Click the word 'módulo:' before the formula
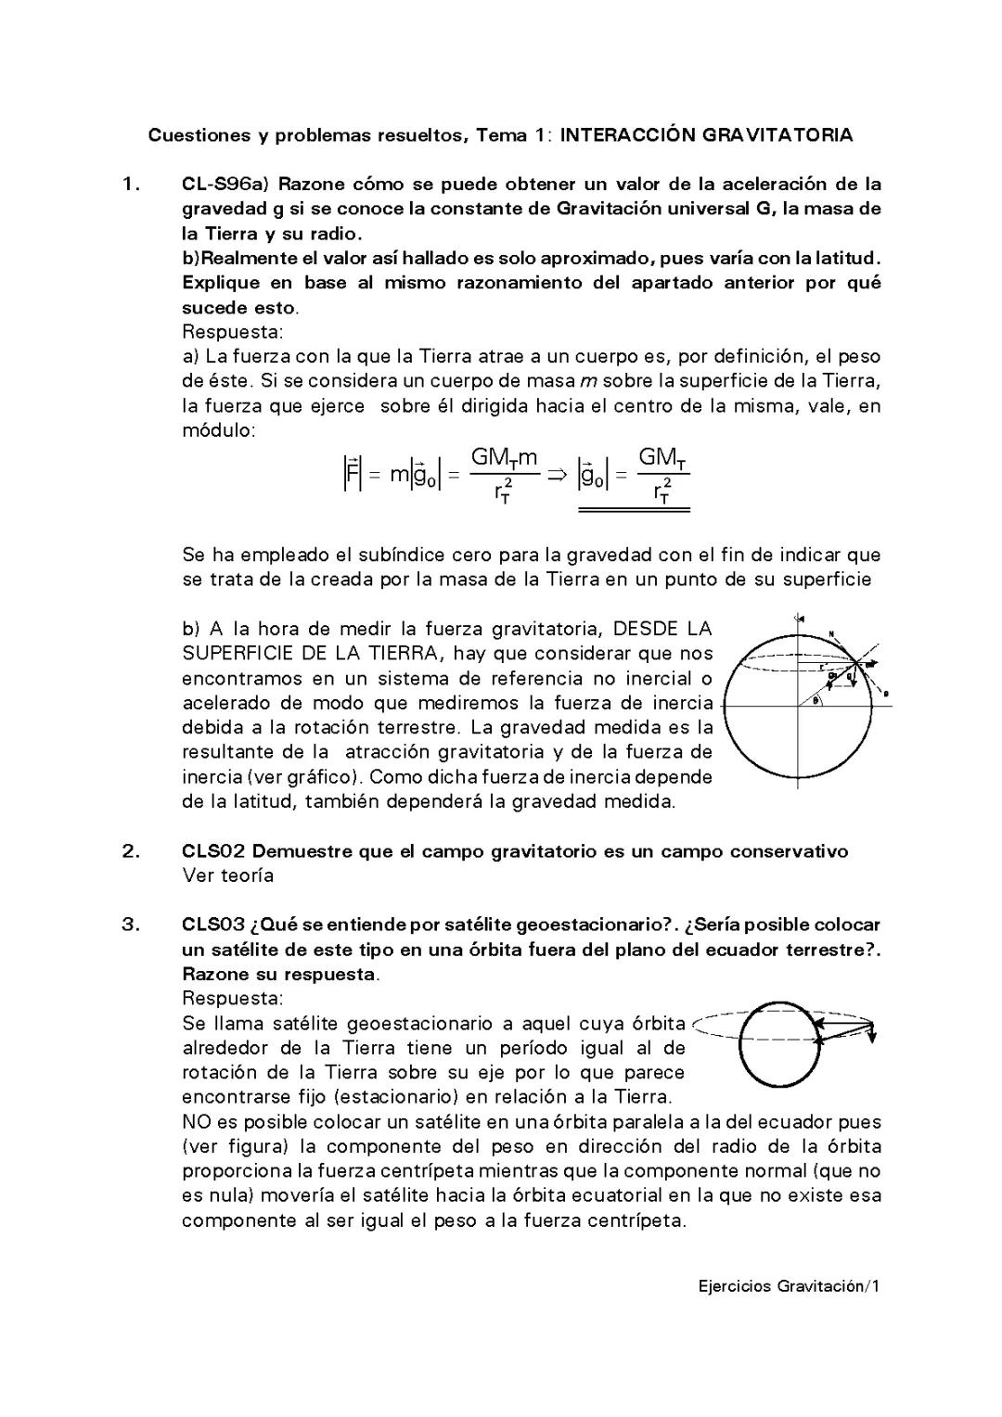click(219, 430)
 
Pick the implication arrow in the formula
click(557, 474)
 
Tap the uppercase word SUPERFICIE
click(236, 653)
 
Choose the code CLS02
click(212, 851)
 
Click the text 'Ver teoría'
click(228, 875)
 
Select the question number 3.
click(130, 925)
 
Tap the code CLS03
click(212, 925)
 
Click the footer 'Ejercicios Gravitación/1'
click(789, 1286)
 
